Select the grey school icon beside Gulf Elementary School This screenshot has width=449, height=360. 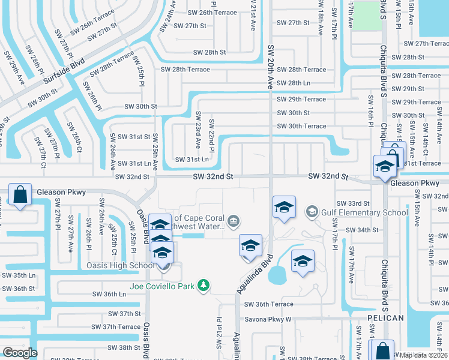(312, 212)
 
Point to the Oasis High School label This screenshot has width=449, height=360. (120, 266)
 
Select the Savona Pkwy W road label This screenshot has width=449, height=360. (267, 319)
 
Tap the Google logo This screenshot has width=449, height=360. (20, 352)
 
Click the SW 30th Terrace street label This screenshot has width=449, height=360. (301, 126)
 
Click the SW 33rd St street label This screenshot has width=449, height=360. (353, 204)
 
